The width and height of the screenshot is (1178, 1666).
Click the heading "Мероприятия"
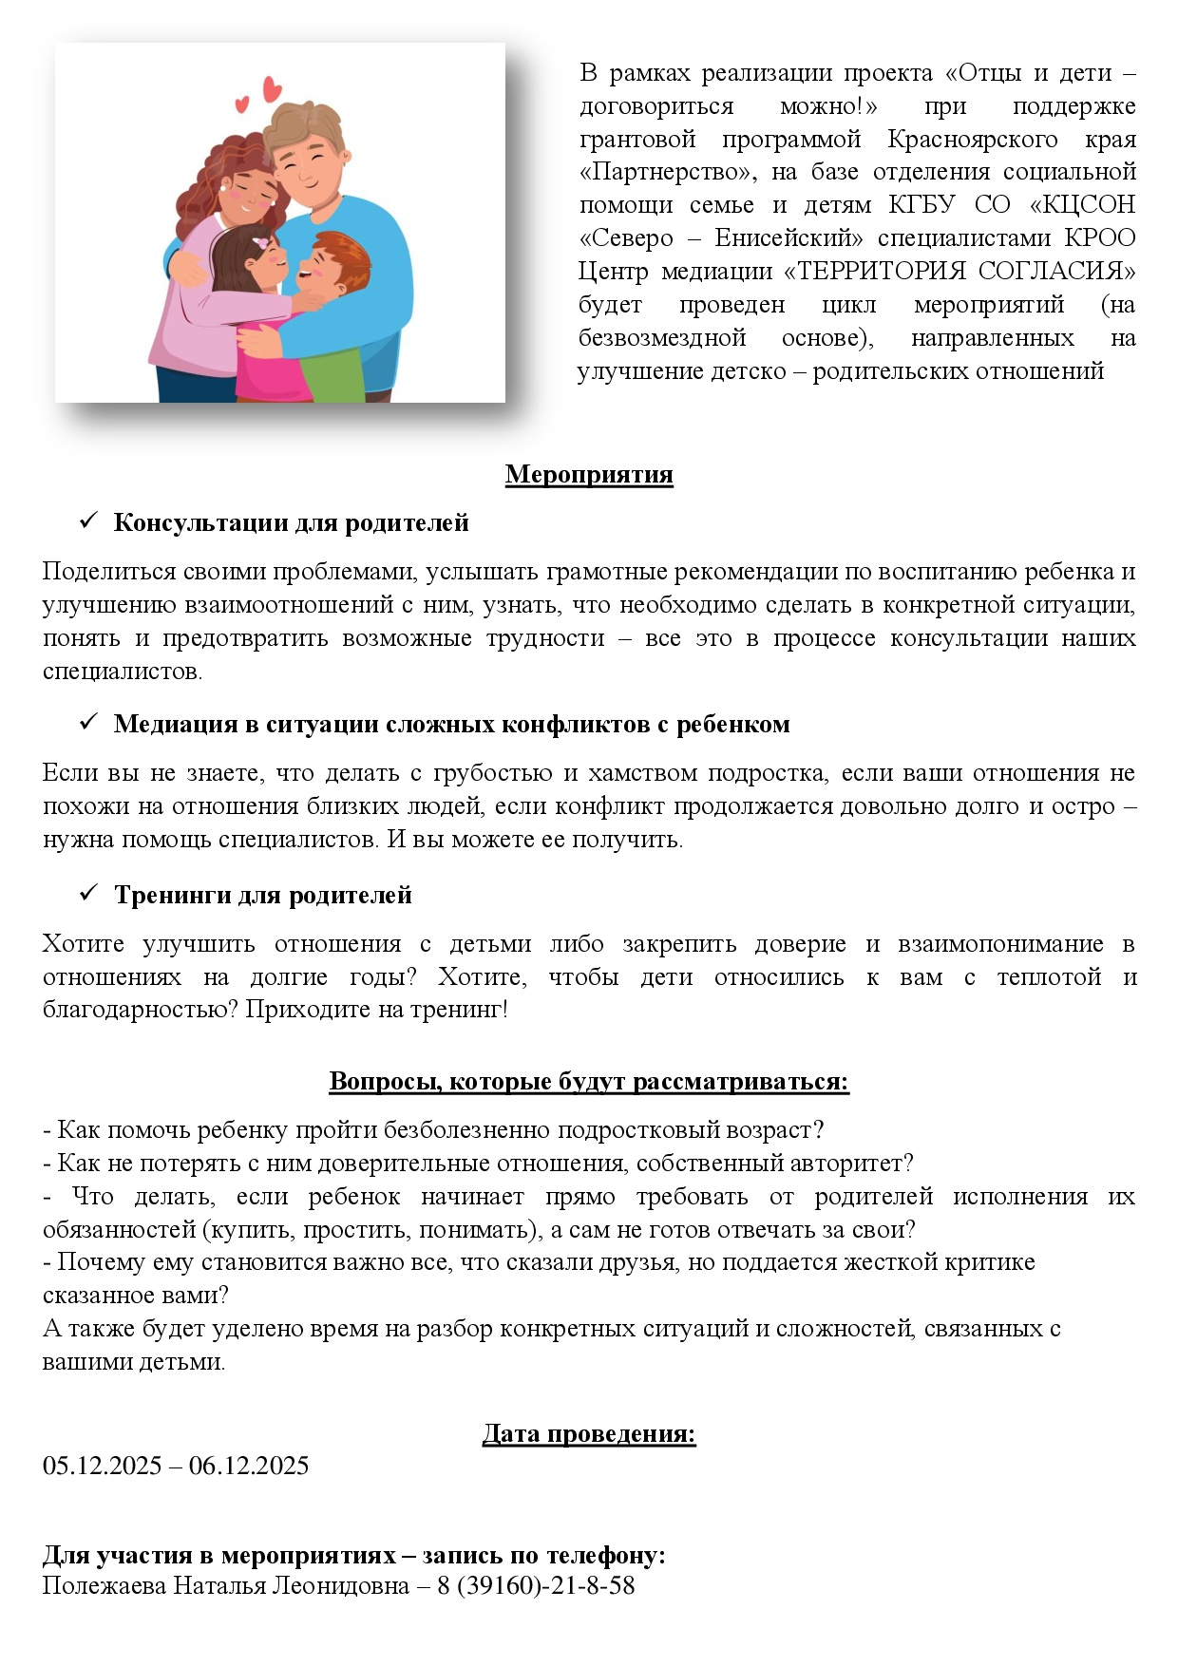(x=588, y=474)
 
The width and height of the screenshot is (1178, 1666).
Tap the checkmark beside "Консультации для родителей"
(x=89, y=521)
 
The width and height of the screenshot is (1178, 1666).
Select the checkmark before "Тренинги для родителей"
(x=89, y=893)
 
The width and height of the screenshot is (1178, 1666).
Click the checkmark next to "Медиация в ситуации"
(x=89, y=722)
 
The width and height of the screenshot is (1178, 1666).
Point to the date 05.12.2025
(x=102, y=1466)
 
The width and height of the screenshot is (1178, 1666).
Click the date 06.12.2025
(x=249, y=1466)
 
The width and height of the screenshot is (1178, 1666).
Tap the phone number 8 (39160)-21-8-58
(x=536, y=1585)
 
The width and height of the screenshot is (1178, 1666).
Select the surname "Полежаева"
(x=104, y=1585)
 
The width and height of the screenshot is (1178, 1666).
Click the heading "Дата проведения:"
(x=588, y=1433)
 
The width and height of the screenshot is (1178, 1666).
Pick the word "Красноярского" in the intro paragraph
(x=972, y=140)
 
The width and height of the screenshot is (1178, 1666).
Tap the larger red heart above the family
(x=272, y=89)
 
